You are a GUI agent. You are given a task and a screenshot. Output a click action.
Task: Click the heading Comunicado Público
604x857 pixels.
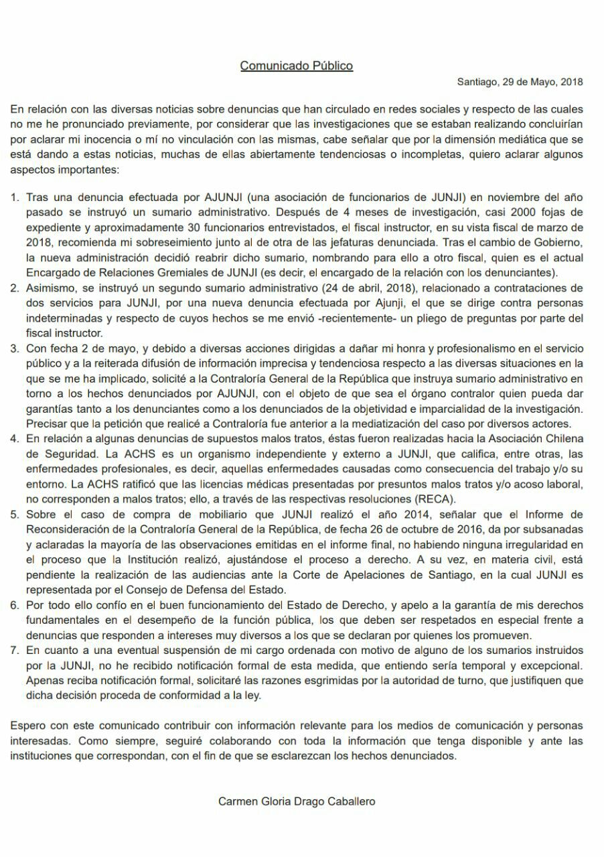tap(296, 66)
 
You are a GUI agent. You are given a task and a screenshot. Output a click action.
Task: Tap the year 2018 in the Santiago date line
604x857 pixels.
tap(571, 82)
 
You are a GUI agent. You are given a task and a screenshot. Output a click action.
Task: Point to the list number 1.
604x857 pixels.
tap(15, 198)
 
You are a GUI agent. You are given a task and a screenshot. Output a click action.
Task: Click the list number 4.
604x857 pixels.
tap(15, 438)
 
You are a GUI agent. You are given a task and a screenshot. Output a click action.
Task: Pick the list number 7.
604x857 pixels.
tap(15, 650)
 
